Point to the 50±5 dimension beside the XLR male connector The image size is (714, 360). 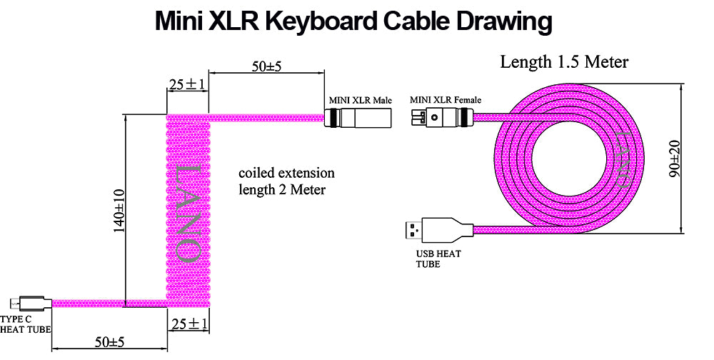coord(267,66)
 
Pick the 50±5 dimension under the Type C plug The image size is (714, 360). coord(109,342)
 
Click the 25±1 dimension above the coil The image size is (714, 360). coord(187,84)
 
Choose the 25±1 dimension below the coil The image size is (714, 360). coord(189,325)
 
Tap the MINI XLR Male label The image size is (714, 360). coord(361,100)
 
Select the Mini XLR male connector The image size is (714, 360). coord(358,118)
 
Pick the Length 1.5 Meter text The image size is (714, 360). coord(564,62)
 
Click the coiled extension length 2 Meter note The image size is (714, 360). coord(286,181)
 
